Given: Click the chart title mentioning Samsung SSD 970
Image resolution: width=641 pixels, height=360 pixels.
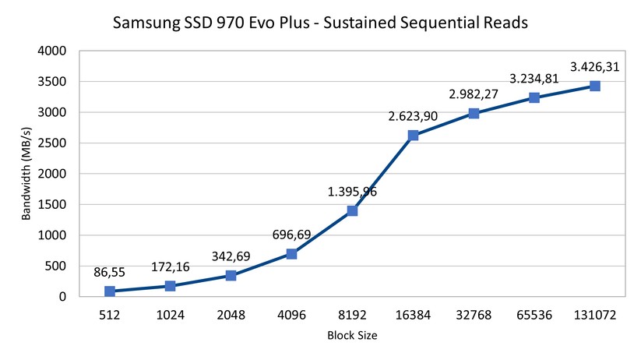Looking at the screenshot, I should click(320, 23).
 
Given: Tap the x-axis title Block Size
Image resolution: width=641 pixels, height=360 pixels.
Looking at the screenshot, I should click(352, 336).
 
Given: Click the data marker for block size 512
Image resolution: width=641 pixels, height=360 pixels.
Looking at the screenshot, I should click(110, 291).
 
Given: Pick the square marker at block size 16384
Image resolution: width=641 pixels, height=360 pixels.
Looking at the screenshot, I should click(413, 136).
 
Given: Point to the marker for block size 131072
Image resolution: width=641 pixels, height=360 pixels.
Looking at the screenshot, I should click(595, 86).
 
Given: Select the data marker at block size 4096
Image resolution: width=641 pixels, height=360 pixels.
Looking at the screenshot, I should click(291, 254).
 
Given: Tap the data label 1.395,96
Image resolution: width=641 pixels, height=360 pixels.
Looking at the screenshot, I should click(352, 192).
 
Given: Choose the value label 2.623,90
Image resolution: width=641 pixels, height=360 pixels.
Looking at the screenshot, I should click(413, 117).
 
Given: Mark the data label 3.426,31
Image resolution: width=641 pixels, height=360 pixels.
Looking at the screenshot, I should click(595, 67).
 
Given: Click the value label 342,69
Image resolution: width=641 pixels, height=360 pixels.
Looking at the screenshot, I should click(231, 256).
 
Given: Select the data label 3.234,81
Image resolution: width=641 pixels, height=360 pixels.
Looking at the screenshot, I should click(534, 79).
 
